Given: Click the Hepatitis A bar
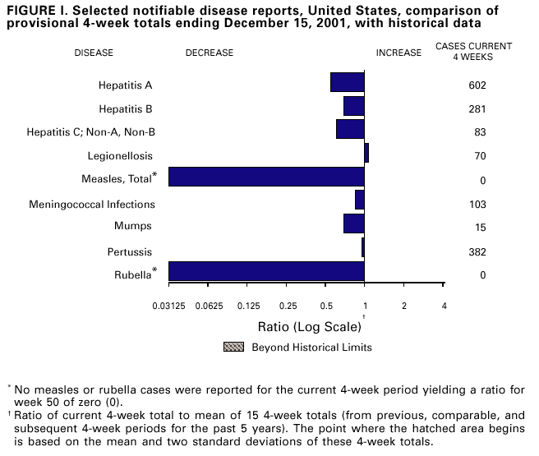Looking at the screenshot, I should [x=348, y=82].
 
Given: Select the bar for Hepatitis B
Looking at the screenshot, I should [x=354, y=106].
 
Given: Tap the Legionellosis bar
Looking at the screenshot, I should [x=366, y=153].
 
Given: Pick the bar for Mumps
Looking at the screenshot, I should [x=354, y=223].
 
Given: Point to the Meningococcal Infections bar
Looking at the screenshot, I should [x=360, y=200].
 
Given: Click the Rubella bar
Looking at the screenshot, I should [x=266, y=271].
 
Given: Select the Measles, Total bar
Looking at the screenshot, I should [x=266, y=177].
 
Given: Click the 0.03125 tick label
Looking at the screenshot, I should [x=168, y=306].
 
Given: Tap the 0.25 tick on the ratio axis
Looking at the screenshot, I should [x=287, y=306].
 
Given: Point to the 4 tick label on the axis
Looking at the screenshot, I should [x=444, y=306].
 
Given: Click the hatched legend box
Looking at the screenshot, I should [x=234, y=347].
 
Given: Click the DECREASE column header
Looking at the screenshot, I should [x=210, y=53].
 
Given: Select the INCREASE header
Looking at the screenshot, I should [x=398, y=53].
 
